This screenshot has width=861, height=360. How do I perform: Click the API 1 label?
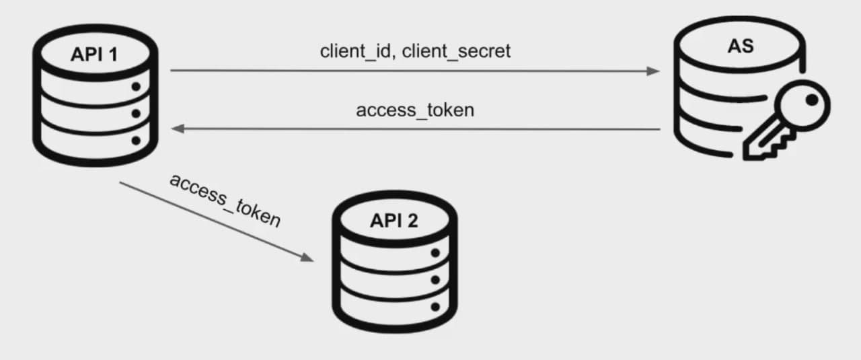pos(93,55)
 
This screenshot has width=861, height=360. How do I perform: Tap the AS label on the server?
pos(740,46)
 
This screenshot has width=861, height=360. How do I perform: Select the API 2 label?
pos(394,221)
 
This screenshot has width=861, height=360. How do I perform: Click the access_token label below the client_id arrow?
pos(414,110)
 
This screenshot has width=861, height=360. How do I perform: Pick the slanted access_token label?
pos(224,200)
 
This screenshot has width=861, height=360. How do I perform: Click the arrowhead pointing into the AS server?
pos(653,71)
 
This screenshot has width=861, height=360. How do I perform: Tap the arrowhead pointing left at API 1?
pos(178,128)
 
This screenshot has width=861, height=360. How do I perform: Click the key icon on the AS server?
pos(787,124)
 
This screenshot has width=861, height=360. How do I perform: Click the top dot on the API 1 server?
pos(136,87)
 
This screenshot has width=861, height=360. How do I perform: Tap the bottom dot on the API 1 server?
pos(136,141)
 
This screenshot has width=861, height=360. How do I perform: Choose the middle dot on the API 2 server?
pos(435,279)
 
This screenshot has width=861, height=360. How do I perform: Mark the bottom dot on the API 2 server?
pos(435,307)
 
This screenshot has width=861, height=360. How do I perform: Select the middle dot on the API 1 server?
pos(136,114)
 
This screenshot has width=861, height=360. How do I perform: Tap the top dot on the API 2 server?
pos(435,253)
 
